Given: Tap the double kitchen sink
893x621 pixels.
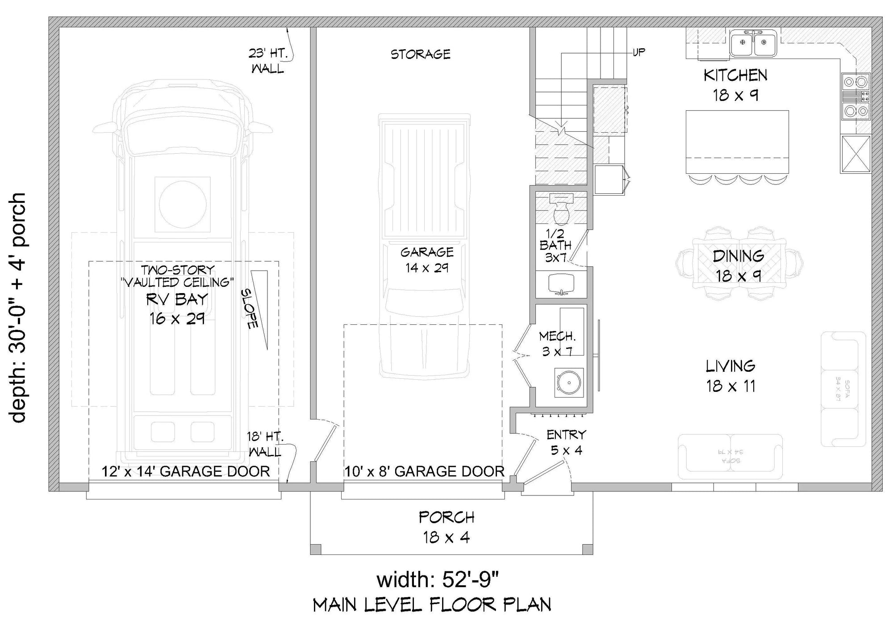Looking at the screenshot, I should tap(753, 43).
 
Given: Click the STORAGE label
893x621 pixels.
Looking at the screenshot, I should tap(421, 55).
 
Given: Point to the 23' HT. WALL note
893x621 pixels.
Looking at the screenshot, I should tap(267, 61).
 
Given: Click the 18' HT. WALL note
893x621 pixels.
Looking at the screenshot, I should tap(265, 444).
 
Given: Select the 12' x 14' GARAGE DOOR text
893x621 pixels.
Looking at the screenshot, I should tap(186, 471).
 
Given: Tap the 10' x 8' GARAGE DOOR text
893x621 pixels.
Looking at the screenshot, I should tap(424, 471).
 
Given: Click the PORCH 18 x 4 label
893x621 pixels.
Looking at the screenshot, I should tap(446, 527).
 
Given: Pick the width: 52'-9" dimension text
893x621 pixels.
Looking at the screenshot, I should tap(437, 580).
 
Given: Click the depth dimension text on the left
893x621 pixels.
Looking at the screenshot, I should tap(19, 308).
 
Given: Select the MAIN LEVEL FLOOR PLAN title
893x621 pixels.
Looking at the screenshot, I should tap(432, 605).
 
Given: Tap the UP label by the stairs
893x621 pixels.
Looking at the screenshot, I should tap(639, 52).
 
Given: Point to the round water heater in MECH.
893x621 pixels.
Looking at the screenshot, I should tap(569, 382).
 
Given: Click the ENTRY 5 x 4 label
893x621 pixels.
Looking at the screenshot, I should tap(566, 442).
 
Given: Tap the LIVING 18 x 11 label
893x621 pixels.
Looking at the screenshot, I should tap(730, 376).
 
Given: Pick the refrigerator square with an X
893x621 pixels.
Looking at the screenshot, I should tap(855, 154).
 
